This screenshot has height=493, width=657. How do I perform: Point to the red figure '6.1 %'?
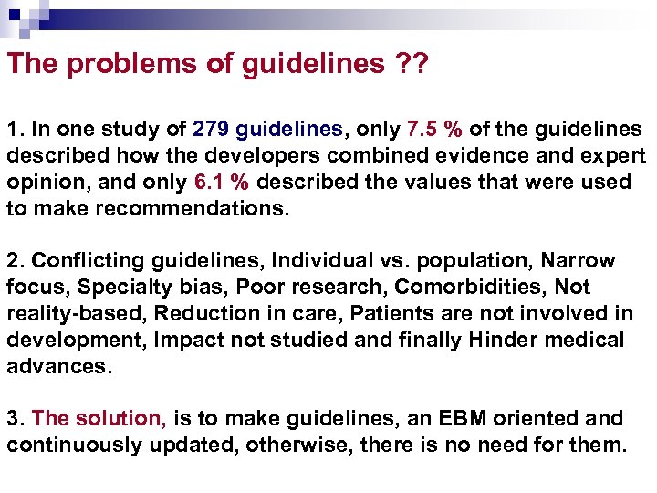coord(223,182)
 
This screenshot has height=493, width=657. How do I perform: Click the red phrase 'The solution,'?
coord(99,419)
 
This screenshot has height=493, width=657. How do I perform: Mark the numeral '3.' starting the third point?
coord(16,419)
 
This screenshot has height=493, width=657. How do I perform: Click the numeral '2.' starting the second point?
coord(16,261)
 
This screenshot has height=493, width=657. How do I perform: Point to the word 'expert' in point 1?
coord(615,155)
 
